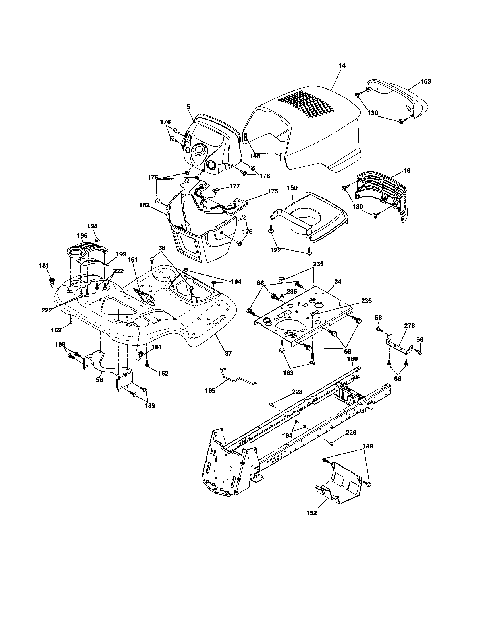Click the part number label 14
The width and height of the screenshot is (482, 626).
(342, 66)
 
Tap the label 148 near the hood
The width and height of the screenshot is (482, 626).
(255, 156)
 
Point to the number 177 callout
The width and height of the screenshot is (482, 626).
(234, 186)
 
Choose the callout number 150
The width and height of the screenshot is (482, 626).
(292, 188)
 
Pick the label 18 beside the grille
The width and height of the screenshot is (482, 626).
(407, 170)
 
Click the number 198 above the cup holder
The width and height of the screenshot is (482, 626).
(92, 226)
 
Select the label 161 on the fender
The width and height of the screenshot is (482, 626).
(132, 260)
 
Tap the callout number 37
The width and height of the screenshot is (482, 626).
(228, 353)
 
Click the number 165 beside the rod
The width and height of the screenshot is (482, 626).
(210, 391)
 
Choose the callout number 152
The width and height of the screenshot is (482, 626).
(311, 513)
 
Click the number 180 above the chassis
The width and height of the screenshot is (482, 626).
(352, 359)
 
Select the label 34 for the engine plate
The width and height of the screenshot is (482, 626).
(338, 282)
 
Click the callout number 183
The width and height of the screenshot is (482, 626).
(288, 373)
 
